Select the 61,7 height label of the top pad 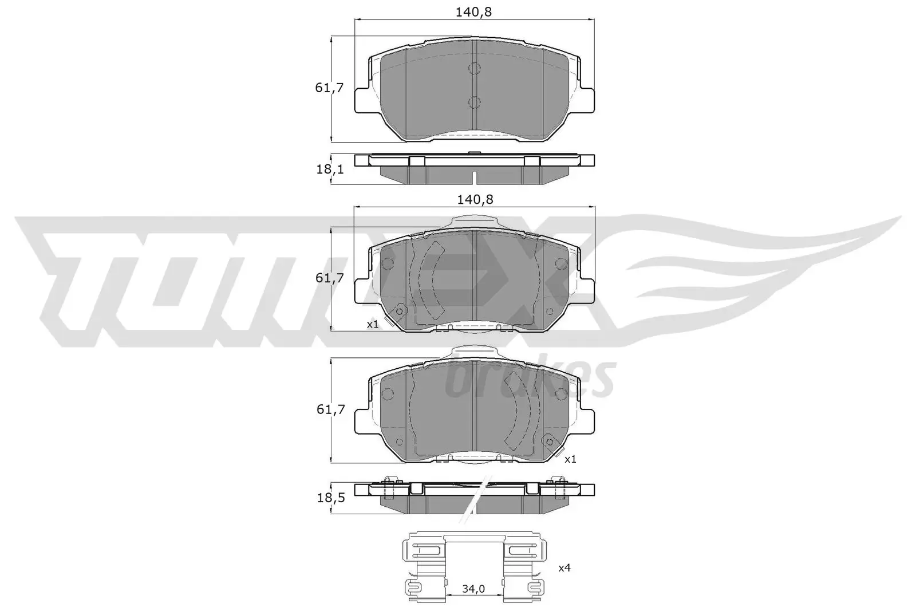329,88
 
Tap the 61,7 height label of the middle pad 329,278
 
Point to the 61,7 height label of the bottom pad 329,409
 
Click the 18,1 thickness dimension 329,169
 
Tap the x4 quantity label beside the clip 564,568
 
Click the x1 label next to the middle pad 373,325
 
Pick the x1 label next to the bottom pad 570,459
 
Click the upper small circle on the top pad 474,69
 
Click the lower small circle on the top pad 474,103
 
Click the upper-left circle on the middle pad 388,263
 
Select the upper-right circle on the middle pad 561,263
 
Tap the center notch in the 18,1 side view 475,175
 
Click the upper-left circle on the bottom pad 388,395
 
